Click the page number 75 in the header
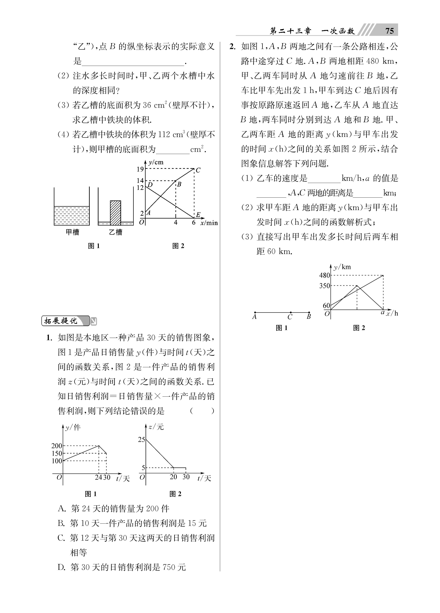coord(389,31)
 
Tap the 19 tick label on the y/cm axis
coord(140,169)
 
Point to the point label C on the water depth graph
coord(198,170)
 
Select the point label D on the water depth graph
coord(150,185)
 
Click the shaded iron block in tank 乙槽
coord(116,213)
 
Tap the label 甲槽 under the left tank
coord(72,232)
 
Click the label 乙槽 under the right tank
coord(116,232)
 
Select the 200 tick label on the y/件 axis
coord(57,446)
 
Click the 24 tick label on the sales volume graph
coord(98,477)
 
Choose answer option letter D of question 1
coord(61,567)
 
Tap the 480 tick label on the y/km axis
coord(324,275)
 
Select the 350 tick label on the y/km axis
coord(324,286)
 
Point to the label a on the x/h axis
coord(382,312)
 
